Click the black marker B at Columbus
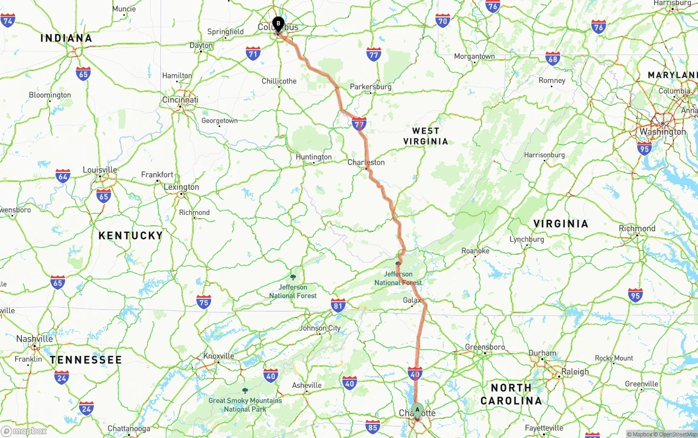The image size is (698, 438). [x=278, y=24]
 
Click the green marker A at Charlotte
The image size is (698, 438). [x=417, y=410]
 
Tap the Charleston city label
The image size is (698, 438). [x=366, y=162]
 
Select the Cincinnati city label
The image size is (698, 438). [x=180, y=100]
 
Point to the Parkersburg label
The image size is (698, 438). [x=371, y=87]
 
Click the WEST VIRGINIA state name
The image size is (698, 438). [x=426, y=136]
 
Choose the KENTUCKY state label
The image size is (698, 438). [x=130, y=236]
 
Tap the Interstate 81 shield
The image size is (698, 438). [x=338, y=305]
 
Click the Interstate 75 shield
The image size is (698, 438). [x=203, y=302]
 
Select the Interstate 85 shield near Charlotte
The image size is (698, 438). [x=372, y=427]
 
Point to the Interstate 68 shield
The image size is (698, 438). [x=552, y=58]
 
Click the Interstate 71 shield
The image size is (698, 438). [x=252, y=53]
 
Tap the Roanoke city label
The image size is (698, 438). [x=476, y=251]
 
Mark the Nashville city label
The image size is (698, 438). [x=34, y=339]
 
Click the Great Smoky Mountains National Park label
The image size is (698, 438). [x=245, y=404]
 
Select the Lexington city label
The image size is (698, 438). [x=182, y=187]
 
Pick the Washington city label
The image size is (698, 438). [x=663, y=131]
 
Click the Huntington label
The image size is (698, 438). [x=314, y=157]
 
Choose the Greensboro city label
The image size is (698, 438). [x=485, y=347]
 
